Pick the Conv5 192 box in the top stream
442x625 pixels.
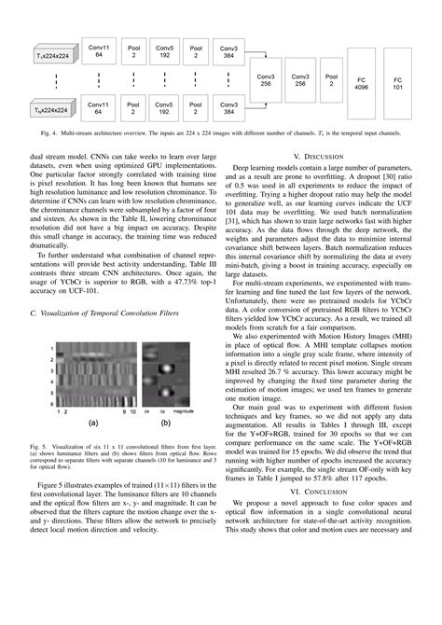point(164,49)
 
